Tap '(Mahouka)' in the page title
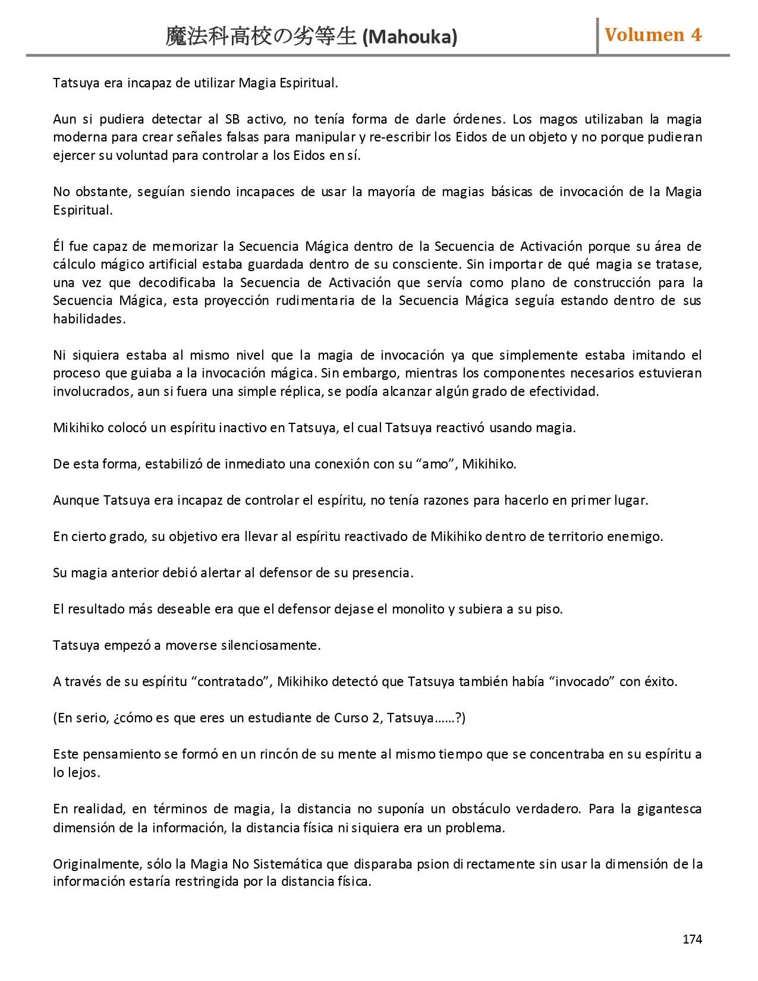pos(410,37)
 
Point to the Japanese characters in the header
pos(261,37)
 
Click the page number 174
pos(692,939)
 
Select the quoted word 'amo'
pos(435,464)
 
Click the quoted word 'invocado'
pos(582,681)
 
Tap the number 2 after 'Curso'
pos(375,718)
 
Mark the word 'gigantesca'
pos(669,809)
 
